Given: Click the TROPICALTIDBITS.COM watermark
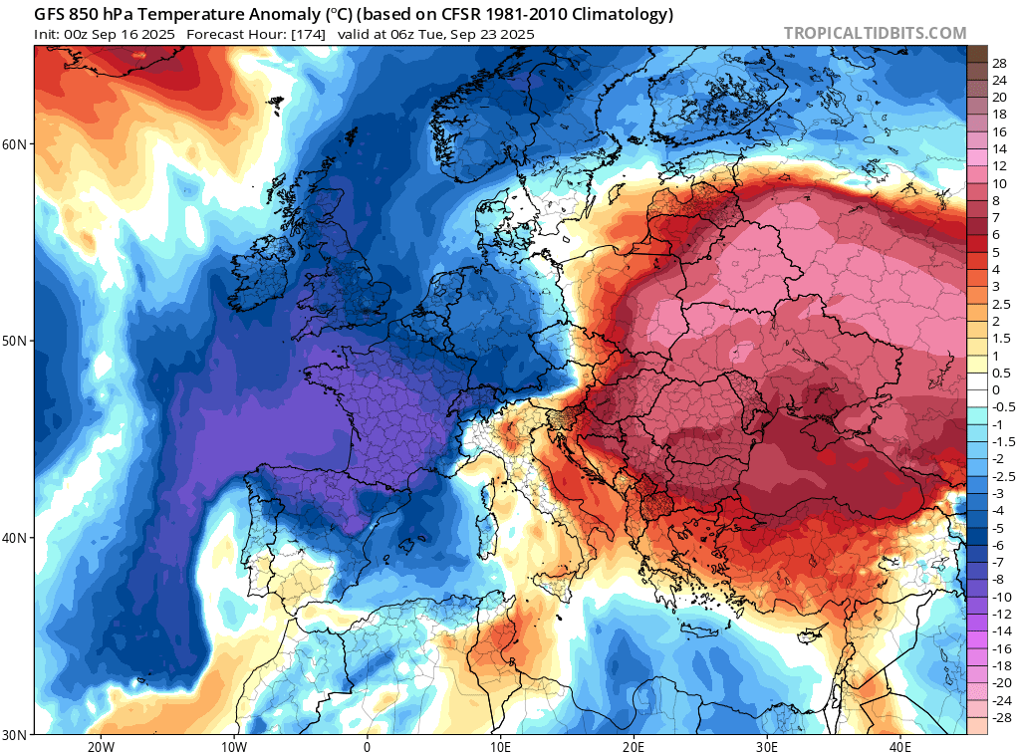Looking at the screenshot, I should point(875,33).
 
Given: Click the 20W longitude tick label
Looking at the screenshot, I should point(101,746).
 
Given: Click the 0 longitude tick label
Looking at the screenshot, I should point(367,746).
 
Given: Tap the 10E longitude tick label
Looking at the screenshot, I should point(500,746).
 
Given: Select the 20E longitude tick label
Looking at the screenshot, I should point(634,746).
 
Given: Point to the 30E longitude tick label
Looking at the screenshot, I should point(766,746).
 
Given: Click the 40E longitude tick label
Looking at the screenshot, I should point(899,746).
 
